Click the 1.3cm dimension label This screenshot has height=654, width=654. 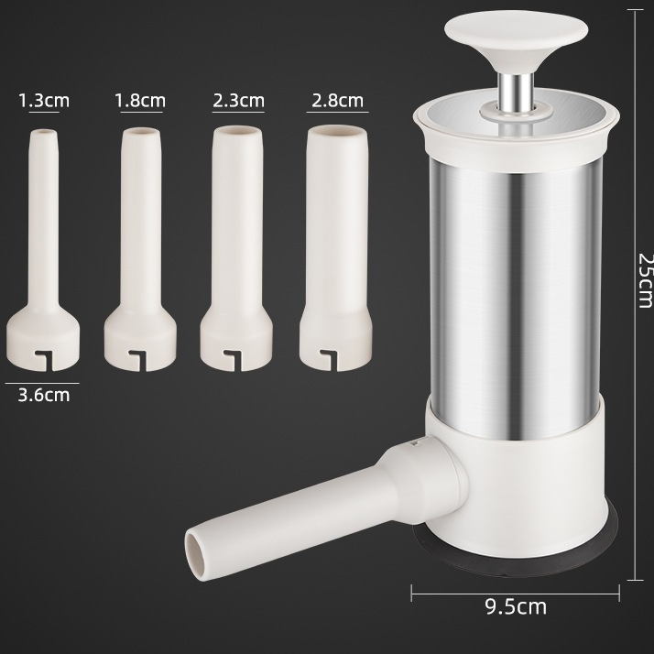tap(44, 101)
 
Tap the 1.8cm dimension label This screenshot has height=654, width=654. tap(140, 101)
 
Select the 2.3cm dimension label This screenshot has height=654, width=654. tap(238, 101)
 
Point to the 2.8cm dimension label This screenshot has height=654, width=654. tap(337, 101)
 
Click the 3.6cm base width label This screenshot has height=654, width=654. tap(44, 396)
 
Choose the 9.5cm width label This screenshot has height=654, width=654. tap(516, 606)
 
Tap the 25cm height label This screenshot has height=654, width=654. tap(645, 280)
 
